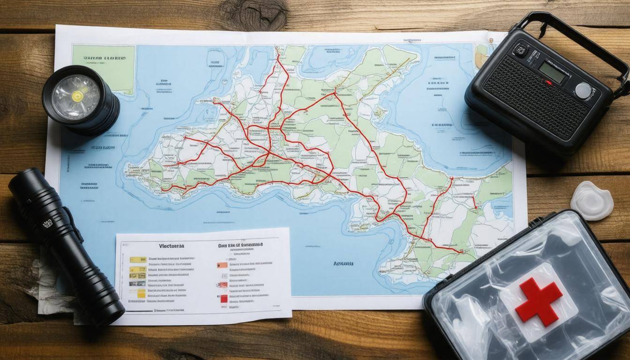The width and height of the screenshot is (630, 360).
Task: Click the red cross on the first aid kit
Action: pos(539,301)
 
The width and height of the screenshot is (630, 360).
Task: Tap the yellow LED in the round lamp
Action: pos(77,96)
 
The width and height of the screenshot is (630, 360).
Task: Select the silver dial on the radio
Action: pos(583,90)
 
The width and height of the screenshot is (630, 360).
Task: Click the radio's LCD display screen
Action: pos(552,71)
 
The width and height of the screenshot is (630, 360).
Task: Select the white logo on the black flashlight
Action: pos(47,225)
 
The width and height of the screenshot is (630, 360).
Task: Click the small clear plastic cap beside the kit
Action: pos(592,201)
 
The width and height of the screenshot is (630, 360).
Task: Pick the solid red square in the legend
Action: pos(224,299)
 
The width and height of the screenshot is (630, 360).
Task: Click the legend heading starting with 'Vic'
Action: pos(172,246)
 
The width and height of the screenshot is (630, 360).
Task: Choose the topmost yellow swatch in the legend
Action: pos(137,259)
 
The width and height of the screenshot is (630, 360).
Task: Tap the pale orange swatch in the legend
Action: pos(222,265)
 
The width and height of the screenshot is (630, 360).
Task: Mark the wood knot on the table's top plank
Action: pos(254,14)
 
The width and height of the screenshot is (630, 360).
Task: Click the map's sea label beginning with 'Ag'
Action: pos(343,263)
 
